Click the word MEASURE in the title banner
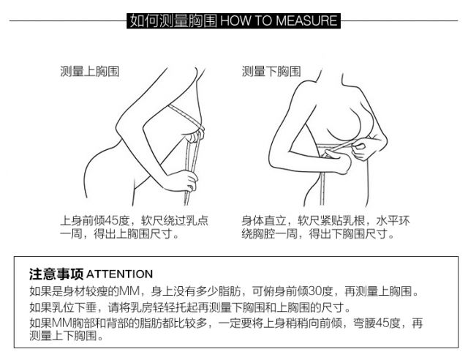coord(306,20)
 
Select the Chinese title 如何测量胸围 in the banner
coord(173,20)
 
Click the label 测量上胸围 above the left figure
coord(89,72)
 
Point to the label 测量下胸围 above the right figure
coord(271,72)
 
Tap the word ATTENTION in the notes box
coord(119,274)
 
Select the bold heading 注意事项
coord(56,274)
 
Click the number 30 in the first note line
coord(314,290)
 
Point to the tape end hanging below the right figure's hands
coord(322,189)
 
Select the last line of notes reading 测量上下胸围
coord(67,336)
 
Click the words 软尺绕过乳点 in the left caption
coord(175,220)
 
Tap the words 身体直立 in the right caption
coord(264,220)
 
